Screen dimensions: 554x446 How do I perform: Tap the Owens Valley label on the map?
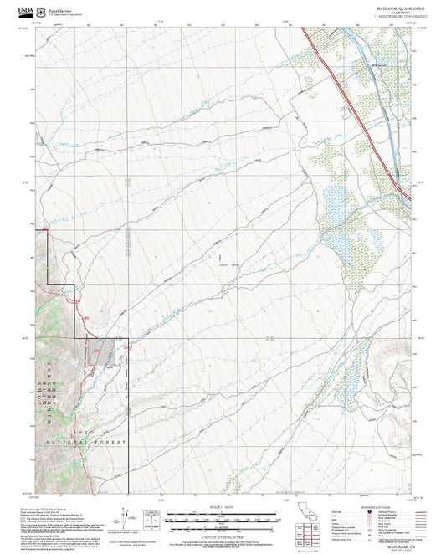pos(223,265)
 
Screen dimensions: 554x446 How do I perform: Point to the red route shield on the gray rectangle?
pos(95,354)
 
